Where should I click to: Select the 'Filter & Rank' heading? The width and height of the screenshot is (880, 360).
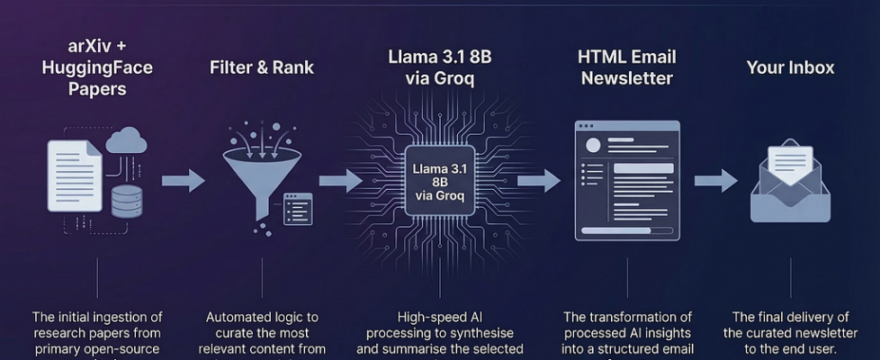coord(262,67)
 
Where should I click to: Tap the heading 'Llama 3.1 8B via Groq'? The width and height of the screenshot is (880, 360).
coord(439,67)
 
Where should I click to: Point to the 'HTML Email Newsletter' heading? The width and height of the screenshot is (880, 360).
coord(626,67)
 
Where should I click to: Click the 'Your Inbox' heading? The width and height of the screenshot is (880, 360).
coord(790,67)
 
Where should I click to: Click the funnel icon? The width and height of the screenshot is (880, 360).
coord(258,175)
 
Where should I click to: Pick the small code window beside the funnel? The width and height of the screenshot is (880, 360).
coord(298,208)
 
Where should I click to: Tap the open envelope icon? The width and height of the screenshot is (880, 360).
coord(790,184)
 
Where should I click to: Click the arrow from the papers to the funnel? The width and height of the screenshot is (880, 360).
coord(183,181)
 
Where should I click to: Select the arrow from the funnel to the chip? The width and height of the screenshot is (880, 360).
coord(340,181)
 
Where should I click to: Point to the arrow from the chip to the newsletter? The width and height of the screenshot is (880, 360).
coord(538,181)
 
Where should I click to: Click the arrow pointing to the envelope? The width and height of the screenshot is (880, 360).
coord(715,181)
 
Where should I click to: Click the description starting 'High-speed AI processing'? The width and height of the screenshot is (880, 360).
coord(440,333)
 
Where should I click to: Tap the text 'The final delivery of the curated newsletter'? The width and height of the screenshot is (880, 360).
coord(790,333)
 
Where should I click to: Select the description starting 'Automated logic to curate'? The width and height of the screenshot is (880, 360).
coord(262,333)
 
